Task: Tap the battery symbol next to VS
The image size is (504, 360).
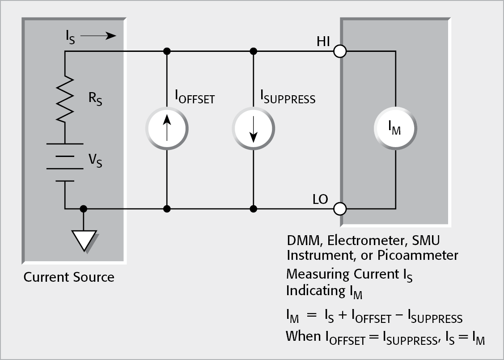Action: click(x=65, y=162)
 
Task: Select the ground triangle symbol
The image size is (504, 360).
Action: click(x=84, y=241)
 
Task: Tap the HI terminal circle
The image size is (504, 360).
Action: click(x=340, y=51)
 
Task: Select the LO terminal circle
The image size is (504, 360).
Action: click(x=340, y=208)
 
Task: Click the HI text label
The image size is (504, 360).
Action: click(x=323, y=42)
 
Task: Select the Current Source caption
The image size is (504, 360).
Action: click(x=69, y=277)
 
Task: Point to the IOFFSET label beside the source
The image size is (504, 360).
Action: click(x=194, y=97)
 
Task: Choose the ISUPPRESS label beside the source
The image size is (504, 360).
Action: click(x=288, y=97)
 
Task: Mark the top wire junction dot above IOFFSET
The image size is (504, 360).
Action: click(x=167, y=51)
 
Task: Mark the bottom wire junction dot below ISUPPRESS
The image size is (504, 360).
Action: click(x=253, y=208)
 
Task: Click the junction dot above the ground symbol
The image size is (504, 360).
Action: click(x=83, y=208)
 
